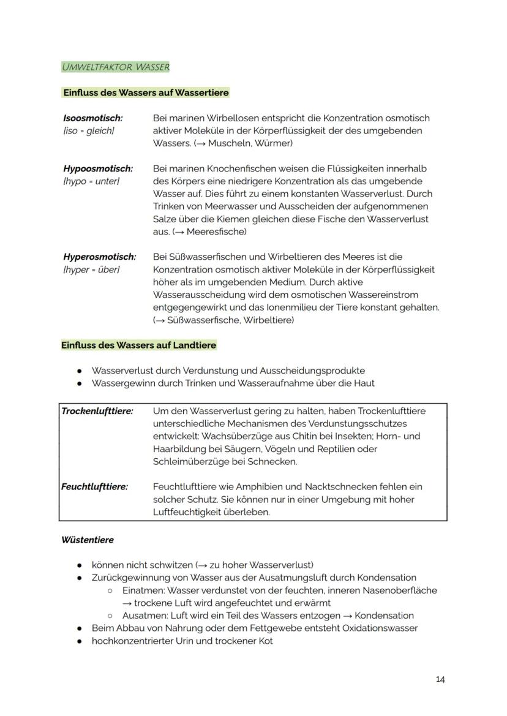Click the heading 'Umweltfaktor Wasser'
[x=115, y=67]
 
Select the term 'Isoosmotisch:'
[x=92, y=118]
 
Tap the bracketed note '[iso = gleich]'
[x=89, y=130]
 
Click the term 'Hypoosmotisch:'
[x=98, y=168]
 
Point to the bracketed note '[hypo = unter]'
[x=91, y=181]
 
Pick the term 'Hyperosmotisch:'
[x=100, y=257]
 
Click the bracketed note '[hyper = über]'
[x=91, y=269]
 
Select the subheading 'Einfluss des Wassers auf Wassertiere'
[x=146, y=93]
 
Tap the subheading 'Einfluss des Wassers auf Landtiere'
[x=139, y=345]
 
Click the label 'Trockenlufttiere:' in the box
[x=97, y=411]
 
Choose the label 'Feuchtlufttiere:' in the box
[x=95, y=487]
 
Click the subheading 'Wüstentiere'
[x=88, y=540]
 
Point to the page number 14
[x=440, y=679]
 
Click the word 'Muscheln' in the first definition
[x=230, y=143]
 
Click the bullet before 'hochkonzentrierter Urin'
[x=80, y=641]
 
